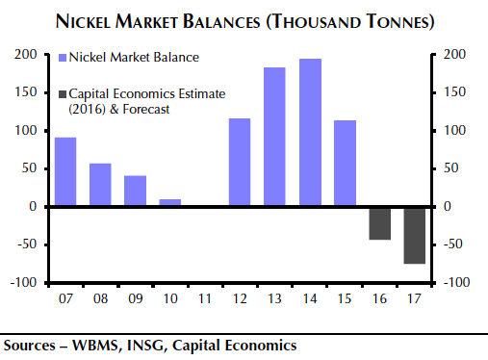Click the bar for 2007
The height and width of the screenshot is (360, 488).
point(65,171)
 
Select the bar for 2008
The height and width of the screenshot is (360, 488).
point(100,185)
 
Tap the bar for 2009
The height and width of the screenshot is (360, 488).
point(136,191)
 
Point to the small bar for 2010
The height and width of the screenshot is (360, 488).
point(170,202)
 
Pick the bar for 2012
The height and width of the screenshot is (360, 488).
point(240,162)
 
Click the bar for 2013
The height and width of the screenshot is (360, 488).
point(274,137)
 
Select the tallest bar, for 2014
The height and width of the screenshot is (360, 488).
point(310,132)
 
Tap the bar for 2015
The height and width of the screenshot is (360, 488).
point(345,163)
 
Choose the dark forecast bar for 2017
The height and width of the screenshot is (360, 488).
point(415,235)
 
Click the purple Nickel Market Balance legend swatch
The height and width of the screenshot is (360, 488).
point(64,58)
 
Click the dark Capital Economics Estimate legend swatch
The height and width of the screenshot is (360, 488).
point(64,93)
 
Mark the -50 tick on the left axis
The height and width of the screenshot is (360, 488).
point(25,244)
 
